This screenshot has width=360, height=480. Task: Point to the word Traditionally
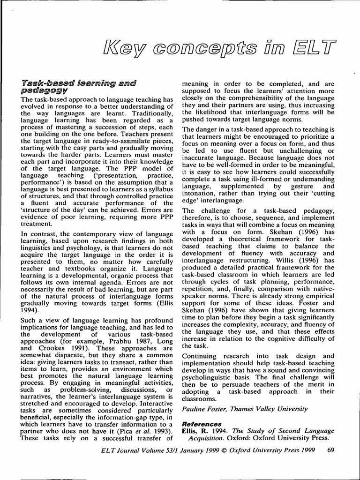tap(143, 113)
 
